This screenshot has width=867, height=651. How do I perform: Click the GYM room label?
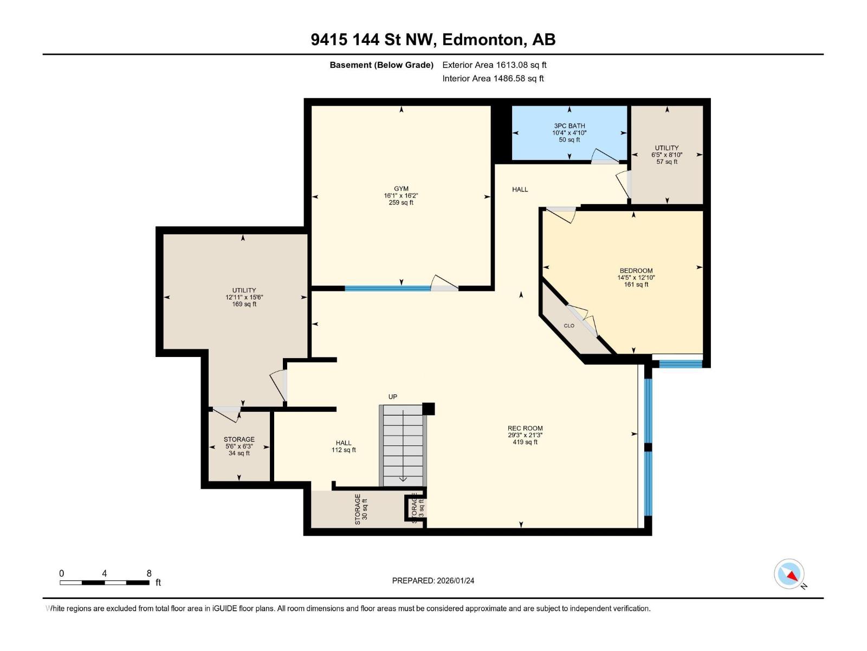point(401,189)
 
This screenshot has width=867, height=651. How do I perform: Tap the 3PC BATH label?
point(569,126)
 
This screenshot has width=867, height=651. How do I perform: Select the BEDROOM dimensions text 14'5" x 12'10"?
point(636,278)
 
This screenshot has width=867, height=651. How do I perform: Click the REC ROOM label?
point(525,428)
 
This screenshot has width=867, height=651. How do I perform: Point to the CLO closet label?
point(569,325)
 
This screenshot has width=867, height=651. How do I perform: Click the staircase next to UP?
point(403,446)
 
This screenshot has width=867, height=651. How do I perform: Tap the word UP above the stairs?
point(393,397)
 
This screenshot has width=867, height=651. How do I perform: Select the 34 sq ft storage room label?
point(239,446)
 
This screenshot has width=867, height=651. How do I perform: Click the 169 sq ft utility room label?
point(244,297)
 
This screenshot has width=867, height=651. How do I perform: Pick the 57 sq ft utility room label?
point(667,155)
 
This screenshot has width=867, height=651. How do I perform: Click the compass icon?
point(789,574)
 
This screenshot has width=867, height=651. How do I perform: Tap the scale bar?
point(105,583)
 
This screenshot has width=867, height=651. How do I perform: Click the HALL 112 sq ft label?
point(344,446)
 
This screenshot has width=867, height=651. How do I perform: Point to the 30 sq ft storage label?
point(361,509)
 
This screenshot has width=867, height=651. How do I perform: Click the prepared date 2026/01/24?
point(433,580)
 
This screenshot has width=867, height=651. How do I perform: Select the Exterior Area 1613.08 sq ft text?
point(494,65)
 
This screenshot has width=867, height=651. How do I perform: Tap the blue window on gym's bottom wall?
point(387,289)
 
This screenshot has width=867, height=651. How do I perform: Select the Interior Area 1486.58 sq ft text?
point(493,78)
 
